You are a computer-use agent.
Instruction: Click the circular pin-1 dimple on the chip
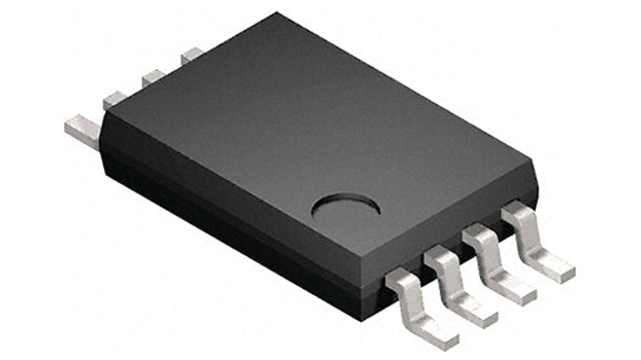pyautogui.click(x=346, y=208)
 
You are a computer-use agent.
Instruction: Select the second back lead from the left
pyautogui.click(x=115, y=100)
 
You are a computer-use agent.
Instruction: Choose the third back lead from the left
pyautogui.click(x=153, y=78)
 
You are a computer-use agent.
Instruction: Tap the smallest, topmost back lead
pyautogui.click(x=191, y=55)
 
